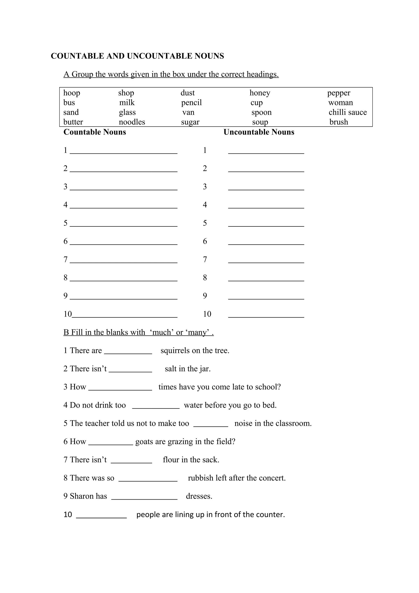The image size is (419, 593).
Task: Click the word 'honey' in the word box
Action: coord(260,93)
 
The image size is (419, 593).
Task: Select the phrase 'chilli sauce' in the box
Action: coord(347,112)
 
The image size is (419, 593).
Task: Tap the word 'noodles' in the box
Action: coord(132,122)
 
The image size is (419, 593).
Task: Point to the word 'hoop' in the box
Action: coord(72,93)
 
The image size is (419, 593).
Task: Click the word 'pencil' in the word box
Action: coord(191,103)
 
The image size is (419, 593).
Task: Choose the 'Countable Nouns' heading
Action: coord(95,132)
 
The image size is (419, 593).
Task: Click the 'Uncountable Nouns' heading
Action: coord(259,132)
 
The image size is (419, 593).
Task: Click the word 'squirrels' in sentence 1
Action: coord(175,351)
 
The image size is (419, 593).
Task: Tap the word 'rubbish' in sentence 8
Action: coord(200,478)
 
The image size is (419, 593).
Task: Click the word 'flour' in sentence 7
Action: coord(171,460)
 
